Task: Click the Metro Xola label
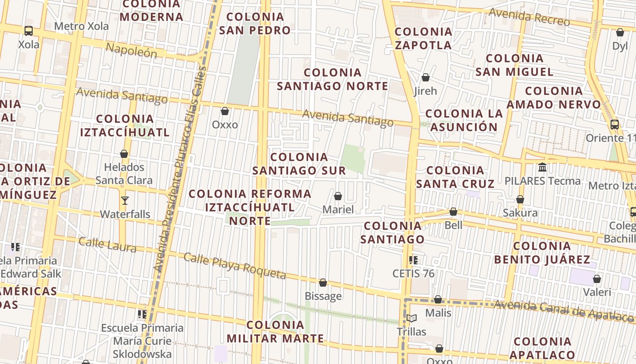81,26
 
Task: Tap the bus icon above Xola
29,31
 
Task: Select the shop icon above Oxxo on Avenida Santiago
224,111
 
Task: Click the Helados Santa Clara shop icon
124,154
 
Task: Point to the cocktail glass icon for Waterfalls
124,200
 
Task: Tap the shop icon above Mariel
338,196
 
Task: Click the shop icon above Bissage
323,283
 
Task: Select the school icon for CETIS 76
413,260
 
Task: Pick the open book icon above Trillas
411,318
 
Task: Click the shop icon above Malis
437,299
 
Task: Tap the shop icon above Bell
453,212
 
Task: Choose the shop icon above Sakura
520,199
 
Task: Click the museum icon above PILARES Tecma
542,167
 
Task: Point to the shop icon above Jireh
425,77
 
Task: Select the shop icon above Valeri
596,278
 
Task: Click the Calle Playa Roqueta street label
235,266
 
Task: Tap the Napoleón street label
131,50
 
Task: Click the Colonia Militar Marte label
275,332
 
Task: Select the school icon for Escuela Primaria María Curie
142,314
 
